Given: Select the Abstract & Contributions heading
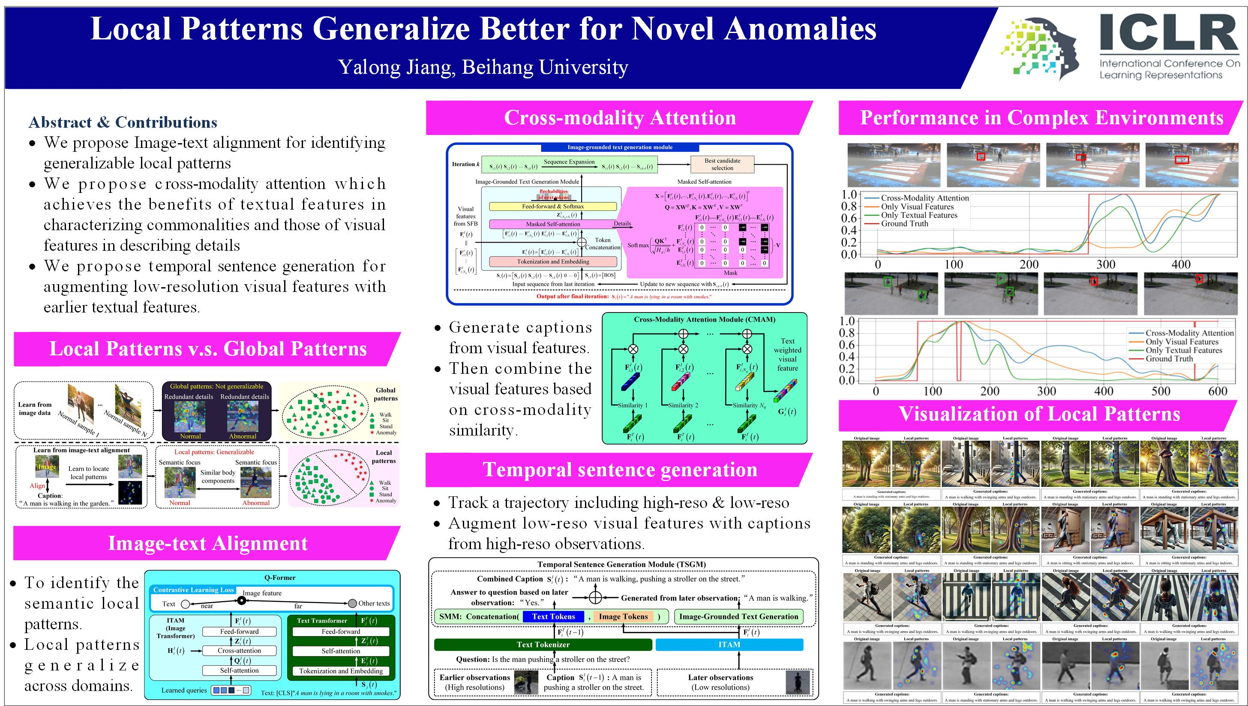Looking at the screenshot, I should pos(123,122).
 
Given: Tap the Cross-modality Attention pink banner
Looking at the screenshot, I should pos(619,118).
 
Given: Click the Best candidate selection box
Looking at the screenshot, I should pos(722,164).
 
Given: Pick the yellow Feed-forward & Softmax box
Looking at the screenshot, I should pos(552,206).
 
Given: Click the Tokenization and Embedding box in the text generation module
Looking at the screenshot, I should pos(552,262).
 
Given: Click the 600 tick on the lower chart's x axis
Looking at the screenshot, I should pos(1218,391).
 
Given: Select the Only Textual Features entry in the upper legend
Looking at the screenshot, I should pos(918,215).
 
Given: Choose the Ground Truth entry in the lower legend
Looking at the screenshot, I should pos(1169,359).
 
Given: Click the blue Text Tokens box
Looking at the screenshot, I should pos(553,617).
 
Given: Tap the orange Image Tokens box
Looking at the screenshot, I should pos(623,617).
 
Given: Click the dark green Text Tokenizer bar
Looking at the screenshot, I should pos(543,644).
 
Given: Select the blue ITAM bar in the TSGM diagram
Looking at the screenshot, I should pos(729,644).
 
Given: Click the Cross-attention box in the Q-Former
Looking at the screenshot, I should pos(239,651).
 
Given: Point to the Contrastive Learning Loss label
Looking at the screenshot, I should pos(193,590).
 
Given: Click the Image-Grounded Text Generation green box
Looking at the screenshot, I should pos(738,617).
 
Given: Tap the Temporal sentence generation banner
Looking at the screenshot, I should pos(619,470).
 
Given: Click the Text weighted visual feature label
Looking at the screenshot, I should pos(787,355).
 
